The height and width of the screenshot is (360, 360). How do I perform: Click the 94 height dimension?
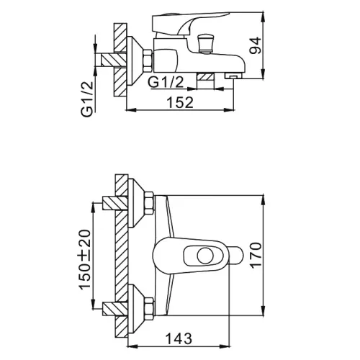255,45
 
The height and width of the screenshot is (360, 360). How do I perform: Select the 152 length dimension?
180,102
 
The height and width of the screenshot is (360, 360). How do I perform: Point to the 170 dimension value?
255,255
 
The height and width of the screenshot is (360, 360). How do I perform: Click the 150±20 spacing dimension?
85,259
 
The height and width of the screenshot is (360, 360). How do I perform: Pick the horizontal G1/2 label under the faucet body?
166,82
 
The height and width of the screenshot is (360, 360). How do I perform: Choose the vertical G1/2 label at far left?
86,99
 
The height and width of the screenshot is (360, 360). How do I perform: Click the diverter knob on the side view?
204,44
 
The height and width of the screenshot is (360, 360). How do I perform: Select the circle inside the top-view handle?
205,256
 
